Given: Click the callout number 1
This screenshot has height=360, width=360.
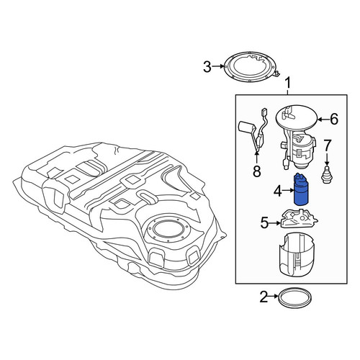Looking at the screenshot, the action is (288, 83).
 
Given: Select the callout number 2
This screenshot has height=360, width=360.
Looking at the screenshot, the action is (264, 297).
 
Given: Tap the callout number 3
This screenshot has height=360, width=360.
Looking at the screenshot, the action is (207, 67).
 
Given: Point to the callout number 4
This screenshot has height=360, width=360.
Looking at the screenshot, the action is (278, 192).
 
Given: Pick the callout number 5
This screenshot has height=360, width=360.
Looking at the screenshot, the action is (264, 223).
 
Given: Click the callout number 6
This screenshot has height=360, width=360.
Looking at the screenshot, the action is (334, 119).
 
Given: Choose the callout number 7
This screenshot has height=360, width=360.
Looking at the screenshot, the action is (328, 145).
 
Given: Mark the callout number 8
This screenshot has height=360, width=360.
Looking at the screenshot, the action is (257, 171).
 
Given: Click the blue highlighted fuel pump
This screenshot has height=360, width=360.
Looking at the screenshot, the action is (302, 189).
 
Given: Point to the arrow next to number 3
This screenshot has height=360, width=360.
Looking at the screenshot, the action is (217, 66).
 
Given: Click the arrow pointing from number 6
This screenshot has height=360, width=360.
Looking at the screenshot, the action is (323, 119).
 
